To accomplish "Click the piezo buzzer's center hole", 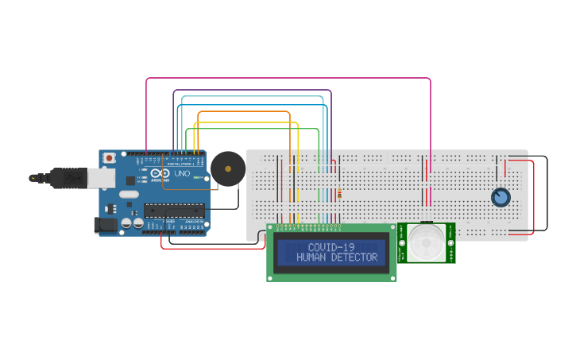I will [228, 168].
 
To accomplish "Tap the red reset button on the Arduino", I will [109, 157].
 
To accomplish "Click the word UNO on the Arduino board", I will [181, 173].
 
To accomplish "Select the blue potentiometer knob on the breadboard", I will [501, 196].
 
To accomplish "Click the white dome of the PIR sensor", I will [427, 242].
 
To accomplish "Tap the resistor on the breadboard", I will [340, 193].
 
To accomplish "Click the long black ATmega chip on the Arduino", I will [173, 211].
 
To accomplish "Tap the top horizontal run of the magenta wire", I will [286, 79].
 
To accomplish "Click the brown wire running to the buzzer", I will [191, 189].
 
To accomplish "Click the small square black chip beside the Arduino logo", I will [130, 180].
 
